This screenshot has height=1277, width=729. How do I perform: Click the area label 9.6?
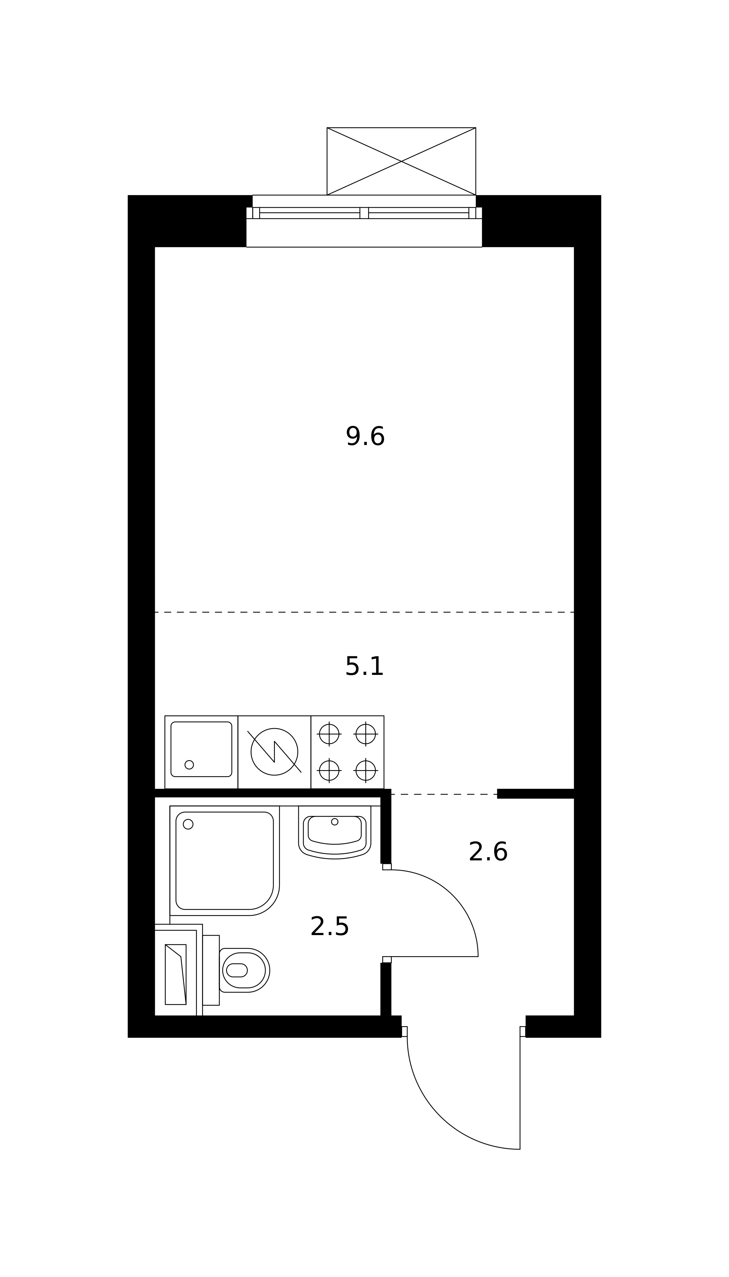coord(365,436)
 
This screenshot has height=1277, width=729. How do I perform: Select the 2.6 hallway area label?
coord(488,852)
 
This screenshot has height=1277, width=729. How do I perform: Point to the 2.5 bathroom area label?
coord(330,926)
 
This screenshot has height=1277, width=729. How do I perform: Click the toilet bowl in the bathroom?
coord(245,970)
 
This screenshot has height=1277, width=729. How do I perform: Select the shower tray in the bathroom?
coord(224,860)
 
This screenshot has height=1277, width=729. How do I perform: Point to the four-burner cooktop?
coord(347,752)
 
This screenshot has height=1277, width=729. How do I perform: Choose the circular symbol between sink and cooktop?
coord(274,752)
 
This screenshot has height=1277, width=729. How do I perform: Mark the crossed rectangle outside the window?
coord(401,161)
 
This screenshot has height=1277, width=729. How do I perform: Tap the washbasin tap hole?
coord(334,821)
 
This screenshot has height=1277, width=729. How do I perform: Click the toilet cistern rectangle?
coord(211,970)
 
